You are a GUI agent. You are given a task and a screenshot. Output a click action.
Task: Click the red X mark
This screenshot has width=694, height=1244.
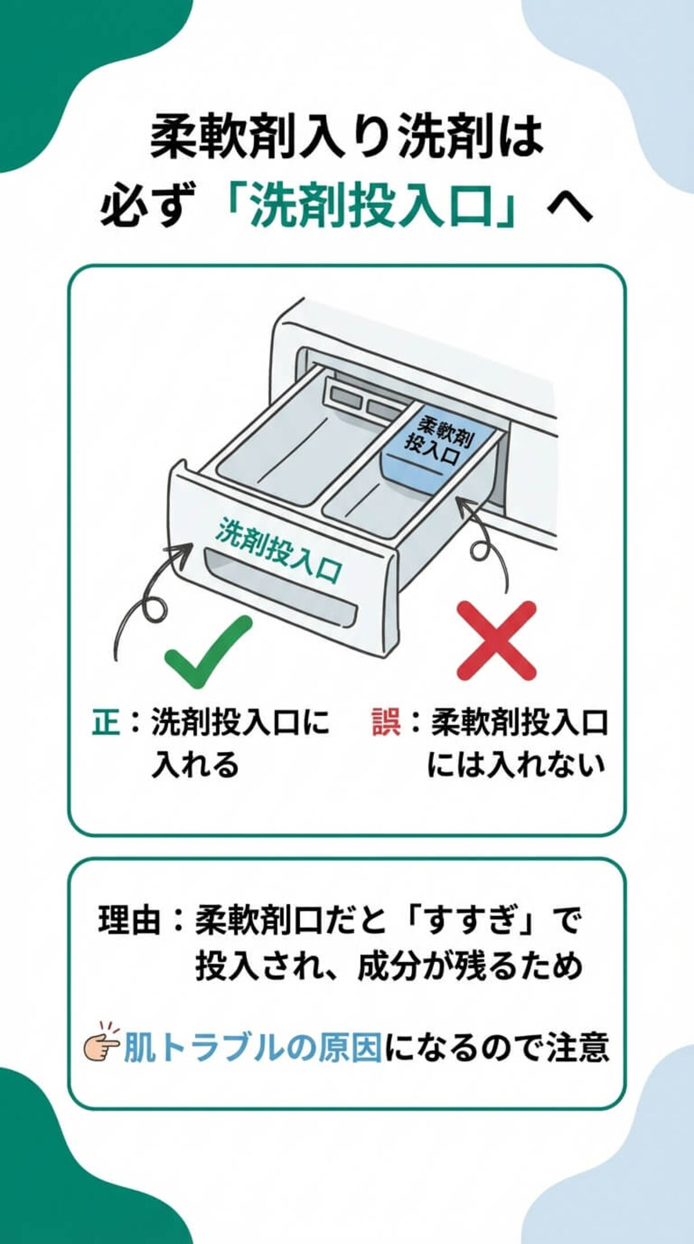point(496,641)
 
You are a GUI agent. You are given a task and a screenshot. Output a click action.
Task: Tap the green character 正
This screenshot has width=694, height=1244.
point(106,723)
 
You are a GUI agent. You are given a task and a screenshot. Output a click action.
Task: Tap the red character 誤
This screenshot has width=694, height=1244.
point(386,723)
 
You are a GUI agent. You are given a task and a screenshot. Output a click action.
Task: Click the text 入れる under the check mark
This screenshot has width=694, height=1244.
point(195,765)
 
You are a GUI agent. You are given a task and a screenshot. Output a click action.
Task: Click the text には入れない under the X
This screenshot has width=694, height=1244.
point(516,765)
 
